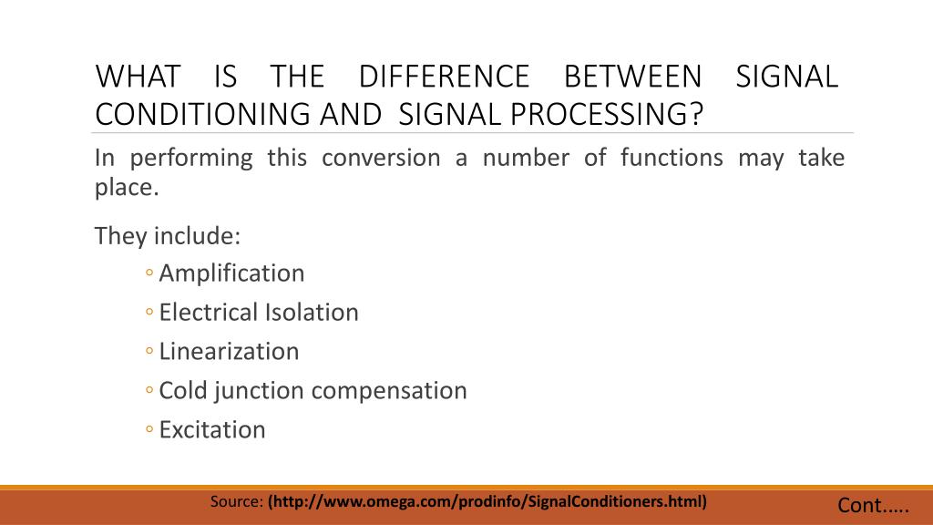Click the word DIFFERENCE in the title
click(444, 76)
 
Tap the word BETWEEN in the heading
click(633, 76)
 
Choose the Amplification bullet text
click(231, 273)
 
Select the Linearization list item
click(229, 352)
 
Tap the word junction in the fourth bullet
click(261, 391)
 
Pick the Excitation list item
click(212, 430)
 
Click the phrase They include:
click(168, 236)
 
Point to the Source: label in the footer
click(237, 502)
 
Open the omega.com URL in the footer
click(487, 502)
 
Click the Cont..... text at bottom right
click(873, 506)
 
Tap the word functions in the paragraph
click(672, 158)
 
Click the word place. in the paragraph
click(128, 189)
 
